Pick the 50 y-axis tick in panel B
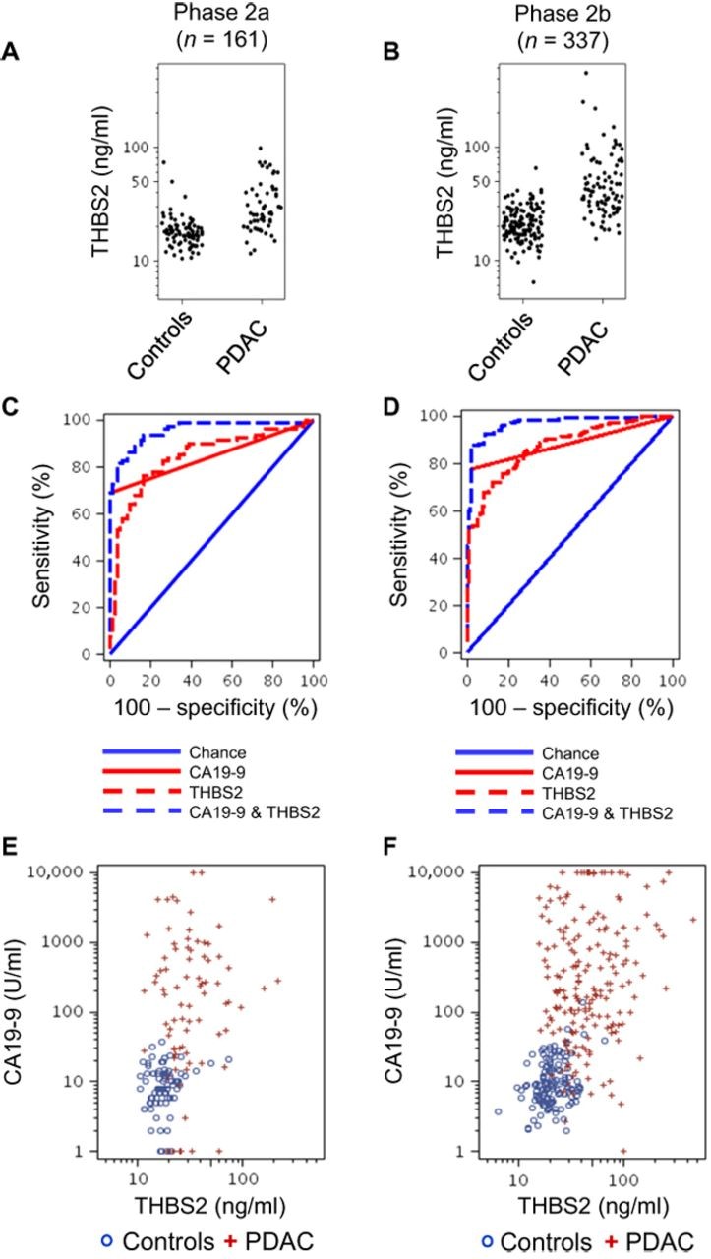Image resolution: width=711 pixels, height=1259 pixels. click(x=491, y=182)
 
